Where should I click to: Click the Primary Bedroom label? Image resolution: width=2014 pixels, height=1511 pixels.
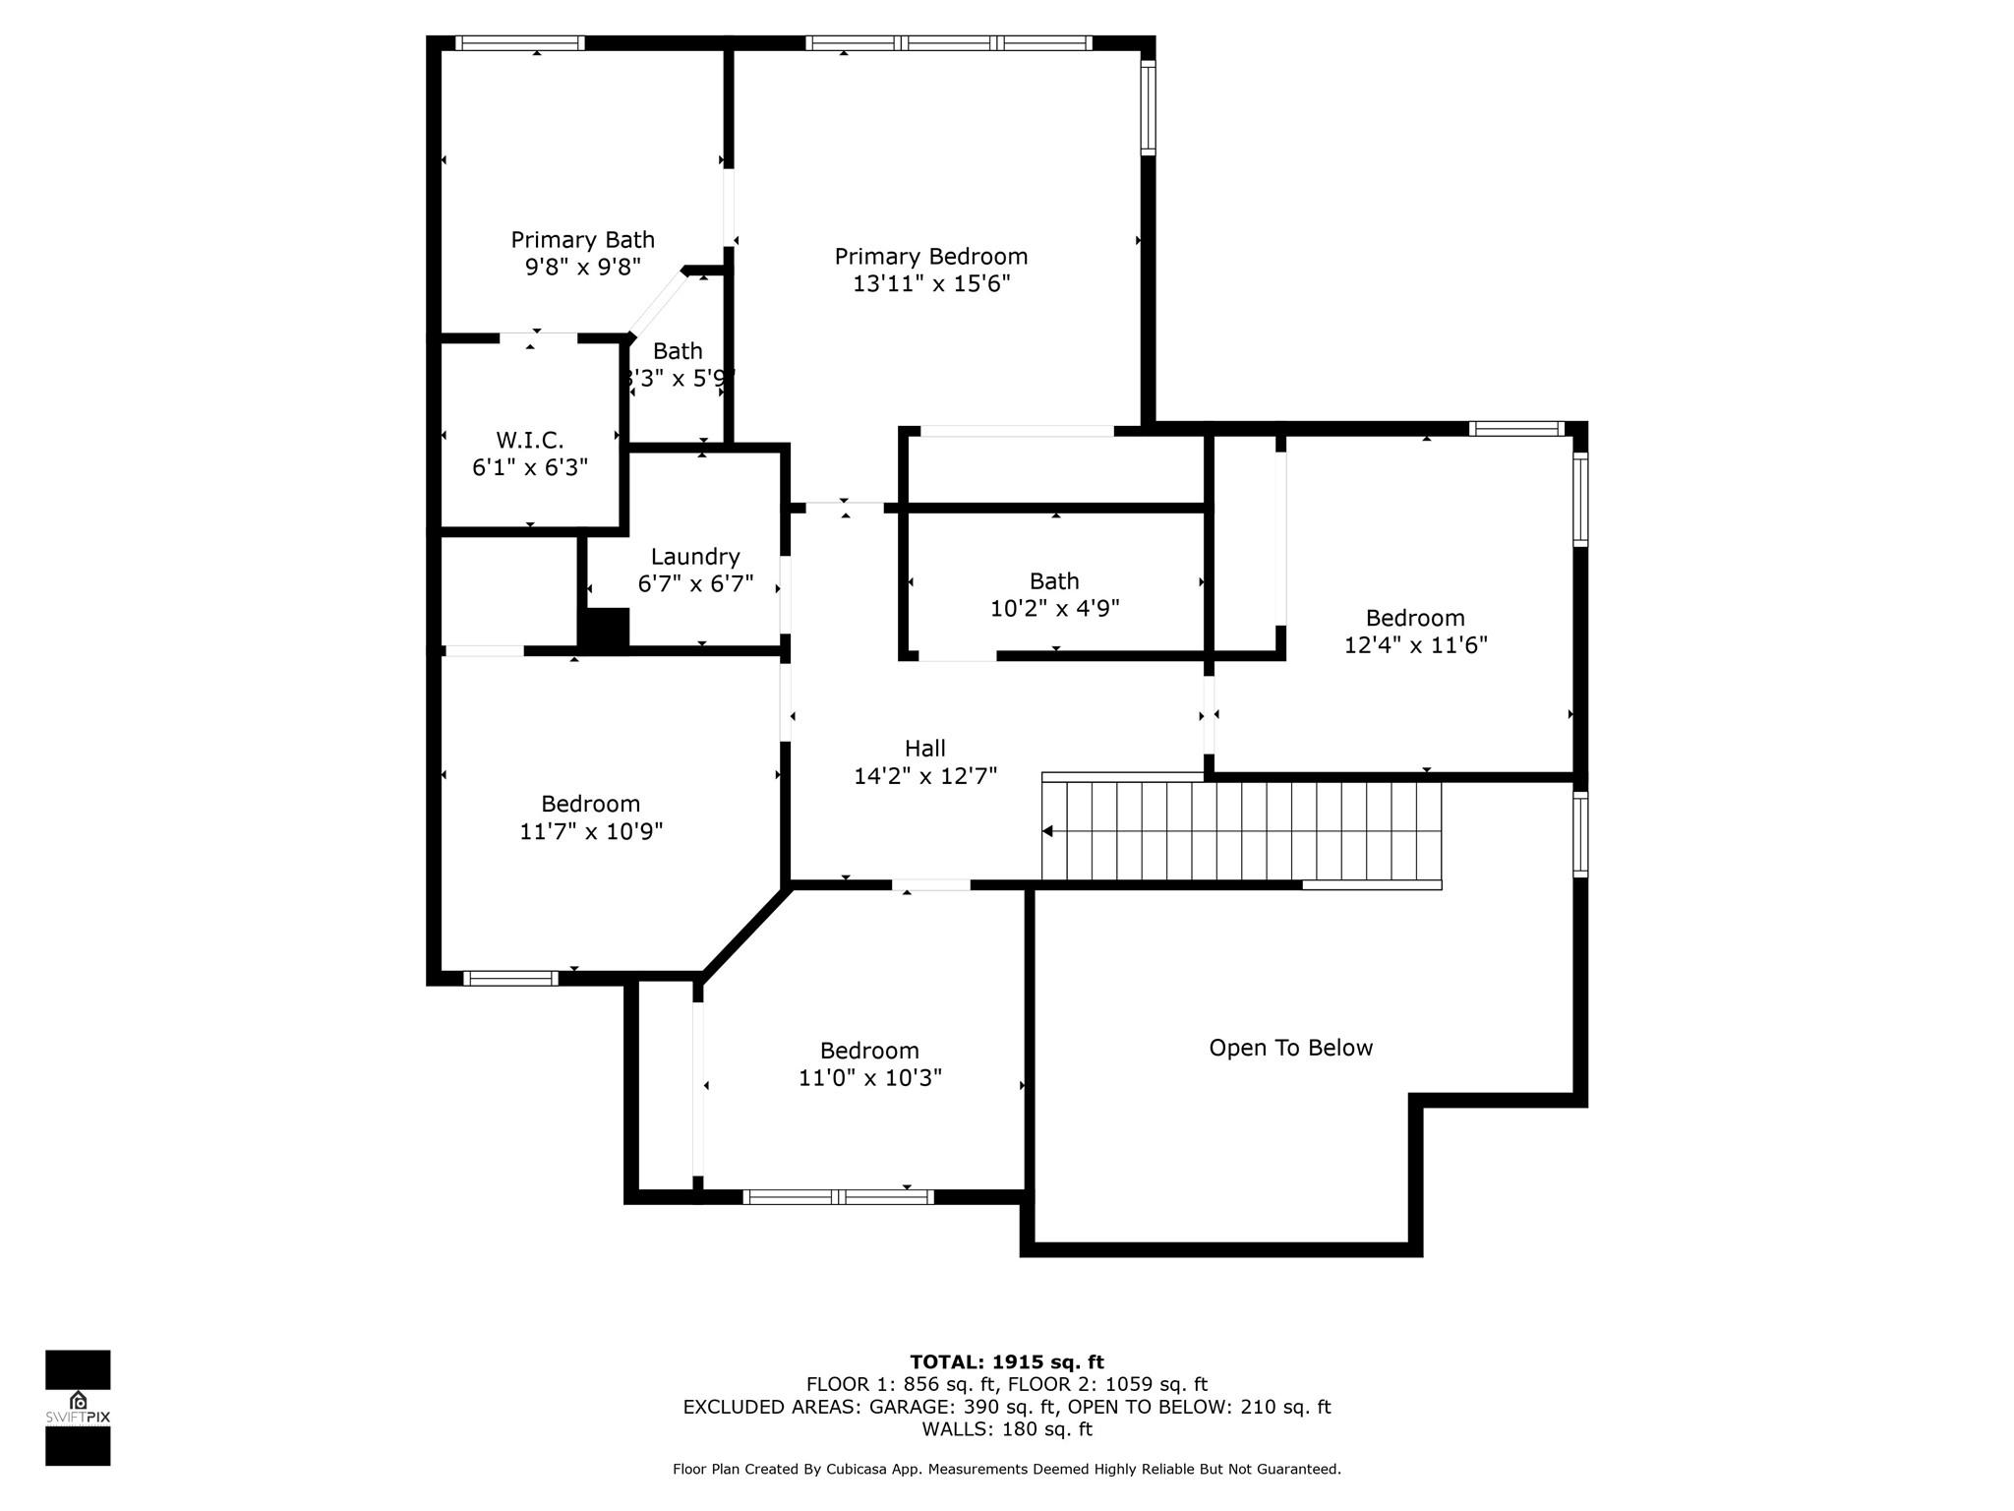pos(930,257)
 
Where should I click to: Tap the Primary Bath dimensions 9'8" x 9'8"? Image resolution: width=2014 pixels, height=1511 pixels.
pos(582,267)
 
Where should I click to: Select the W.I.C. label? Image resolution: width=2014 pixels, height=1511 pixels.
pos(529,440)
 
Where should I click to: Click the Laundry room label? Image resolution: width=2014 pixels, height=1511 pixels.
pos(694,557)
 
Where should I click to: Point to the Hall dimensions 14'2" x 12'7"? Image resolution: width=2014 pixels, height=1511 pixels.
pos(924,776)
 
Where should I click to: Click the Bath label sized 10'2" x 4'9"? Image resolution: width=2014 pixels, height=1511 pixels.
pos(1053,581)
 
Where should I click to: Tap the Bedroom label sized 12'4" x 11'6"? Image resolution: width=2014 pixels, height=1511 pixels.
pos(1414,618)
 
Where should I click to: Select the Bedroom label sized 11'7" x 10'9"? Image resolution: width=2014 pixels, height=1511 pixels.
pos(590,804)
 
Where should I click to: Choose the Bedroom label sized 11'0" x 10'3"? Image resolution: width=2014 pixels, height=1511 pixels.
pos(869,1051)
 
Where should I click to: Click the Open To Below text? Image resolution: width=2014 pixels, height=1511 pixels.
pos(1290,1048)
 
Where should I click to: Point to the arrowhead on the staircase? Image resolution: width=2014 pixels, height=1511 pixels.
pos(1048,831)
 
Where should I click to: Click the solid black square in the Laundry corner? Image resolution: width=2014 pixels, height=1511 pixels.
pos(604,629)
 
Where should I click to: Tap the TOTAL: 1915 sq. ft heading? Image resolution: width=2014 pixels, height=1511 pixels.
pos(1006,1361)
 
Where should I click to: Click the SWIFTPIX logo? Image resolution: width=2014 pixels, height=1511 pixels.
pos(78,1407)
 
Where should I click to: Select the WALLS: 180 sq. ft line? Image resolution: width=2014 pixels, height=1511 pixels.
pos(1006,1428)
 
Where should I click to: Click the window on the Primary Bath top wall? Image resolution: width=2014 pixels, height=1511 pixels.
pos(519,43)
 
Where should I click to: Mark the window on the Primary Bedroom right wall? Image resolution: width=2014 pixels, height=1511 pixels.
pos(1148,107)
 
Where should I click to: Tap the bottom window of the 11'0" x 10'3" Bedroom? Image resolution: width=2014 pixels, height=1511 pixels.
pos(838,1197)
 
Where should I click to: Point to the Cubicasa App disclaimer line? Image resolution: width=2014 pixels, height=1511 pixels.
pos(1006,1469)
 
